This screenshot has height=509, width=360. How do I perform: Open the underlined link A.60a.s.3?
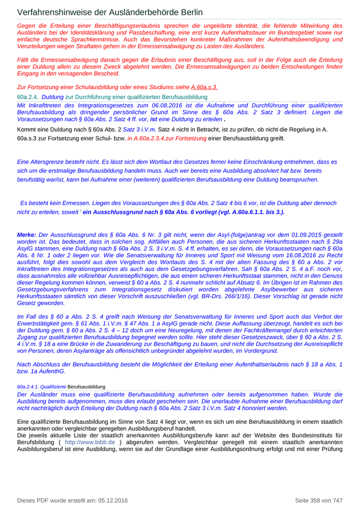click(204, 87)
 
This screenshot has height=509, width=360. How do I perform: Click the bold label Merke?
click(27, 234)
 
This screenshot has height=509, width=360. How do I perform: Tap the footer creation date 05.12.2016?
click(110, 500)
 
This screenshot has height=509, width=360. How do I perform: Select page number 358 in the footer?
click(316, 500)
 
